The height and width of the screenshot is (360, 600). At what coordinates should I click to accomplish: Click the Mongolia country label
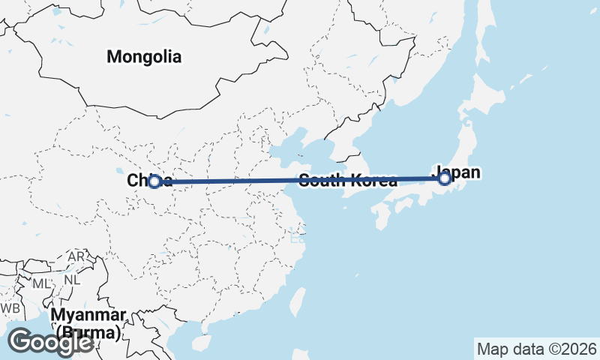[x=144, y=56]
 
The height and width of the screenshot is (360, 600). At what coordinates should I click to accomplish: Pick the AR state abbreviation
[x=76, y=256]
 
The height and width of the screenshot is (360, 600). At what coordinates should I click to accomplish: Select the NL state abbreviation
[x=72, y=280]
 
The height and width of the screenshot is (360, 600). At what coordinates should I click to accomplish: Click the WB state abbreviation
[x=10, y=308]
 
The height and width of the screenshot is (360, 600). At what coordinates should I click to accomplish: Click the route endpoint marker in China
[x=154, y=181]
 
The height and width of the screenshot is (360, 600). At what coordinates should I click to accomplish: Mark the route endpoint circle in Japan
[x=444, y=178]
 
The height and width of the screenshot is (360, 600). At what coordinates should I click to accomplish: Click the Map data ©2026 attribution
[x=536, y=349]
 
